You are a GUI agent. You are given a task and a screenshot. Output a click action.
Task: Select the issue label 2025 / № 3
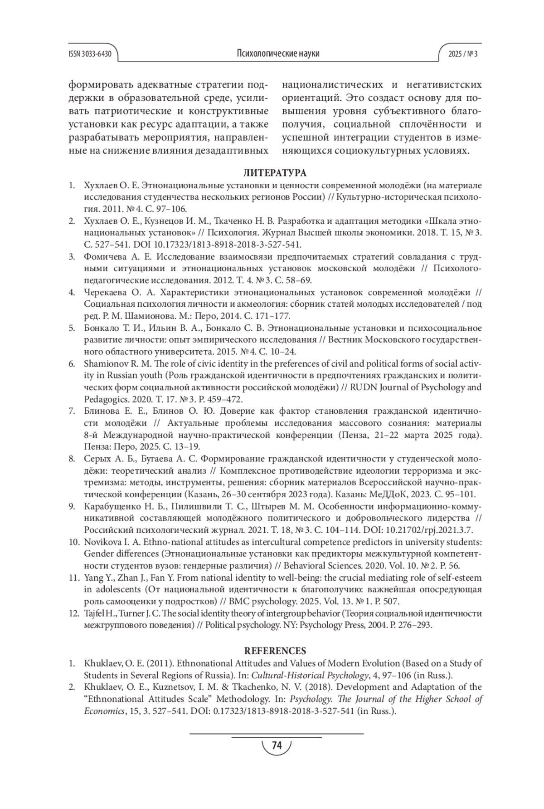(x=463, y=54)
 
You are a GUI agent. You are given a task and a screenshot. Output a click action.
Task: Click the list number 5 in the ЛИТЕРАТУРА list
(x=72, y=328)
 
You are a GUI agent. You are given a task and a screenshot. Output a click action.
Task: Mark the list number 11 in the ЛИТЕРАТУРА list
(x=73, y=578)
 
